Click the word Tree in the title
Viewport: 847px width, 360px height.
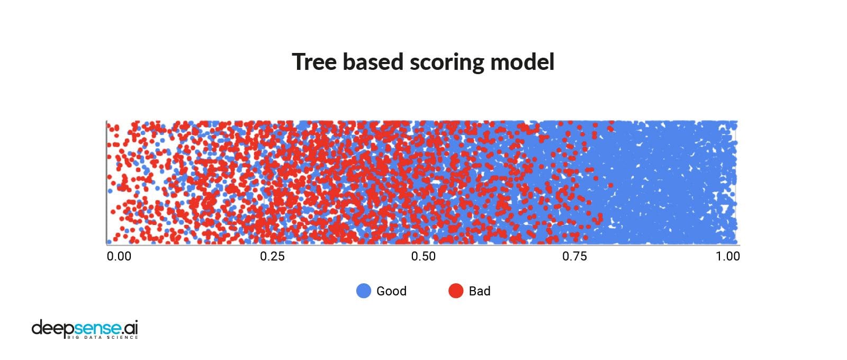(314, 61)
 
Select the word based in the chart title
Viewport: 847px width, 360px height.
(373, 61)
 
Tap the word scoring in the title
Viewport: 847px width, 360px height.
(447, 63)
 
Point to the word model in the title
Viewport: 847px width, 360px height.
(522, 61)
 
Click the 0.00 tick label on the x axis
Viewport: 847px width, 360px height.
(119, 256)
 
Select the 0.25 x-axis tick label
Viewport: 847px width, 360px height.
(272, 256)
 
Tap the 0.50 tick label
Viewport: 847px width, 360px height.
(424, 256)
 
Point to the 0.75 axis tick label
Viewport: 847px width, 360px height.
(575, 256)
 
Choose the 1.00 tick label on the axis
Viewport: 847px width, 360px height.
(728, 256)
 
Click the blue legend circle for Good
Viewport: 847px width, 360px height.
(364, 291)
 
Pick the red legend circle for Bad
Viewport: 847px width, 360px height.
(456, 291)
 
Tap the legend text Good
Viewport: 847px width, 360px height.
(391, 291)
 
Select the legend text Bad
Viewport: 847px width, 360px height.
(480, 291)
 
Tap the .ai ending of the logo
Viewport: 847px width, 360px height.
(130, 328)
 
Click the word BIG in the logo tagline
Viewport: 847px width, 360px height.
(73, 337)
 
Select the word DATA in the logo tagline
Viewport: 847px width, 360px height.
(93, 337)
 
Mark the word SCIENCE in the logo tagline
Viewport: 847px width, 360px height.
(122, 337)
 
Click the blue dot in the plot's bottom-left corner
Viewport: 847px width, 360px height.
(109, 241)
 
